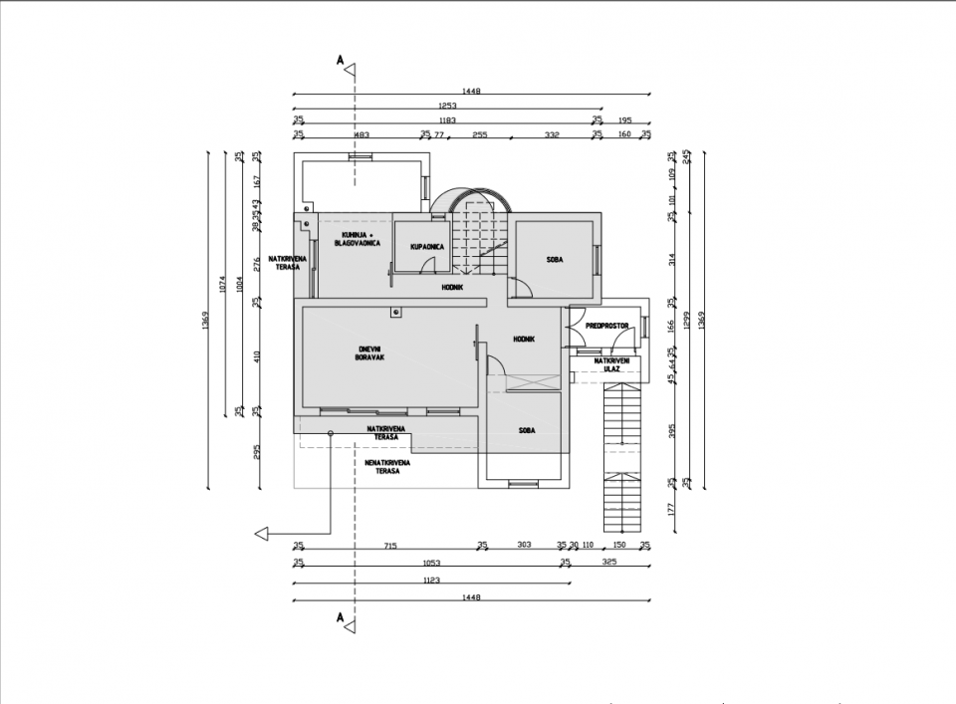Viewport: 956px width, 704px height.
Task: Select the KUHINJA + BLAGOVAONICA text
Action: (x=357, y=239)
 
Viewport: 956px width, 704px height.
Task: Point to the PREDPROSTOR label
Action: (x=605, y=326)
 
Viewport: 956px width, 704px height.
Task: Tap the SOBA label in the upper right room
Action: (x=555, y=260)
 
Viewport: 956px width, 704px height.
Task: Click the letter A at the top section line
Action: (x=341, y=62)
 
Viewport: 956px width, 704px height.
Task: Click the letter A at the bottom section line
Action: (x=341, y=618)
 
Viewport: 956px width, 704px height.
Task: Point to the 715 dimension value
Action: (x=390, y=545)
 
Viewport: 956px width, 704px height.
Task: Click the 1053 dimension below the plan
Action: (x=431, y=563)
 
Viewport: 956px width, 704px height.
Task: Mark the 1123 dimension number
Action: (x=431, y=581)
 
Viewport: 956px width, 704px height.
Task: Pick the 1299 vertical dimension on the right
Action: (x=687, y=325)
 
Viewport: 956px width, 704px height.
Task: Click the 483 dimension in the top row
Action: (x=361, y=134)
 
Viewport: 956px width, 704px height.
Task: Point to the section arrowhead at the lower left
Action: (x=262, y=534)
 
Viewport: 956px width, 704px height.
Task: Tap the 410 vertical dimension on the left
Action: (x=256, y=355)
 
